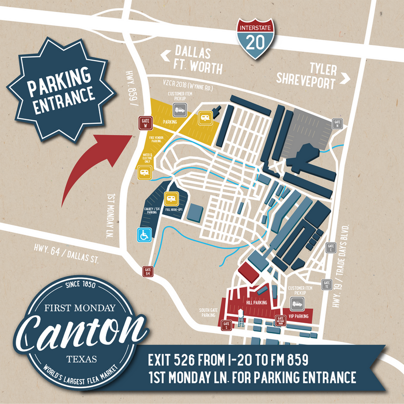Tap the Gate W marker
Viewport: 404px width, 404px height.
(x=145, y=123)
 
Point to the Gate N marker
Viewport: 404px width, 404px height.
(x=338, y=123)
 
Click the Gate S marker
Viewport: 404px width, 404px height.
(x=227, y=326)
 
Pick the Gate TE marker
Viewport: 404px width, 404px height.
(x=327, y=285)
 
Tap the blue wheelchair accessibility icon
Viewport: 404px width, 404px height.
(x=143, y=235)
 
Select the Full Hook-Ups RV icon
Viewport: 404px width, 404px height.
(x=170, y=199)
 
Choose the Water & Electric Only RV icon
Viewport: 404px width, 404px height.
(x=143, y=173)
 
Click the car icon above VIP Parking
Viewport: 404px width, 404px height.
(x=297, y=303)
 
